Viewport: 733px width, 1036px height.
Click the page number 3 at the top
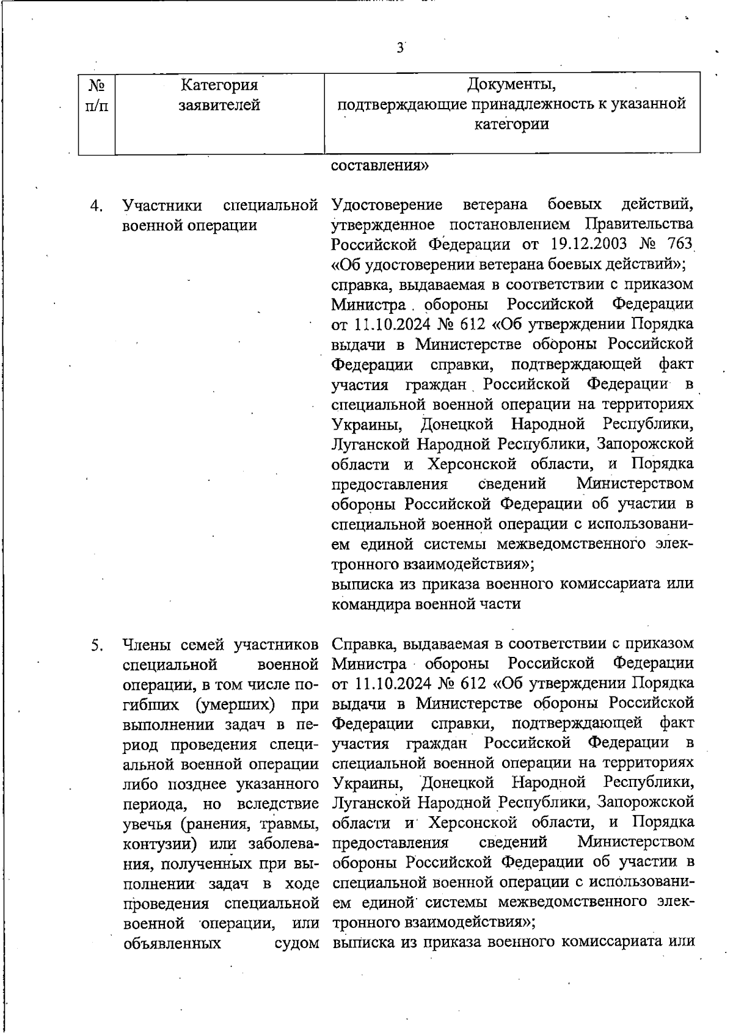[x=399, y=48]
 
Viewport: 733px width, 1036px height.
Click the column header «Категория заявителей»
[x=219, y=94]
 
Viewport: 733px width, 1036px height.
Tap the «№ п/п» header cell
[x=97, y=94]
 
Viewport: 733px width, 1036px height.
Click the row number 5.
[x=96, y=645]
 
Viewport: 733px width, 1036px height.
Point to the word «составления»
[x=379, y=165]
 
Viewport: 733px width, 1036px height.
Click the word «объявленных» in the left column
[x=172, y=944]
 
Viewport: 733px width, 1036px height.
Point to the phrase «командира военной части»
[x=426, y=604]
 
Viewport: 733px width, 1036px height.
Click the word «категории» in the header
[x=512, y=125]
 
